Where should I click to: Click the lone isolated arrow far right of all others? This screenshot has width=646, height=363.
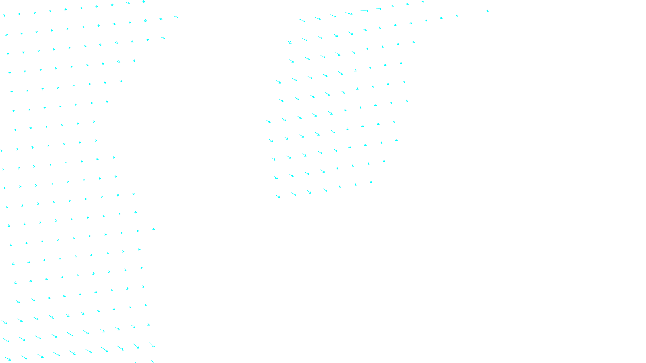point(487,11)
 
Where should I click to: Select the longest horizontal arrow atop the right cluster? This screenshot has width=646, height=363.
point(364,11)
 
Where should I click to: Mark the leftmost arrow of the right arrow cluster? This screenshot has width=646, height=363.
point(268,121)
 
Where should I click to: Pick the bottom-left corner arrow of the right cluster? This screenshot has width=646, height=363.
point(278,196)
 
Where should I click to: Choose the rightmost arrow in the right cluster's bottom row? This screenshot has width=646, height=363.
point(371,182)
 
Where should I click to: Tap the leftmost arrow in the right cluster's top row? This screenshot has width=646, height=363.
point(302,20)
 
